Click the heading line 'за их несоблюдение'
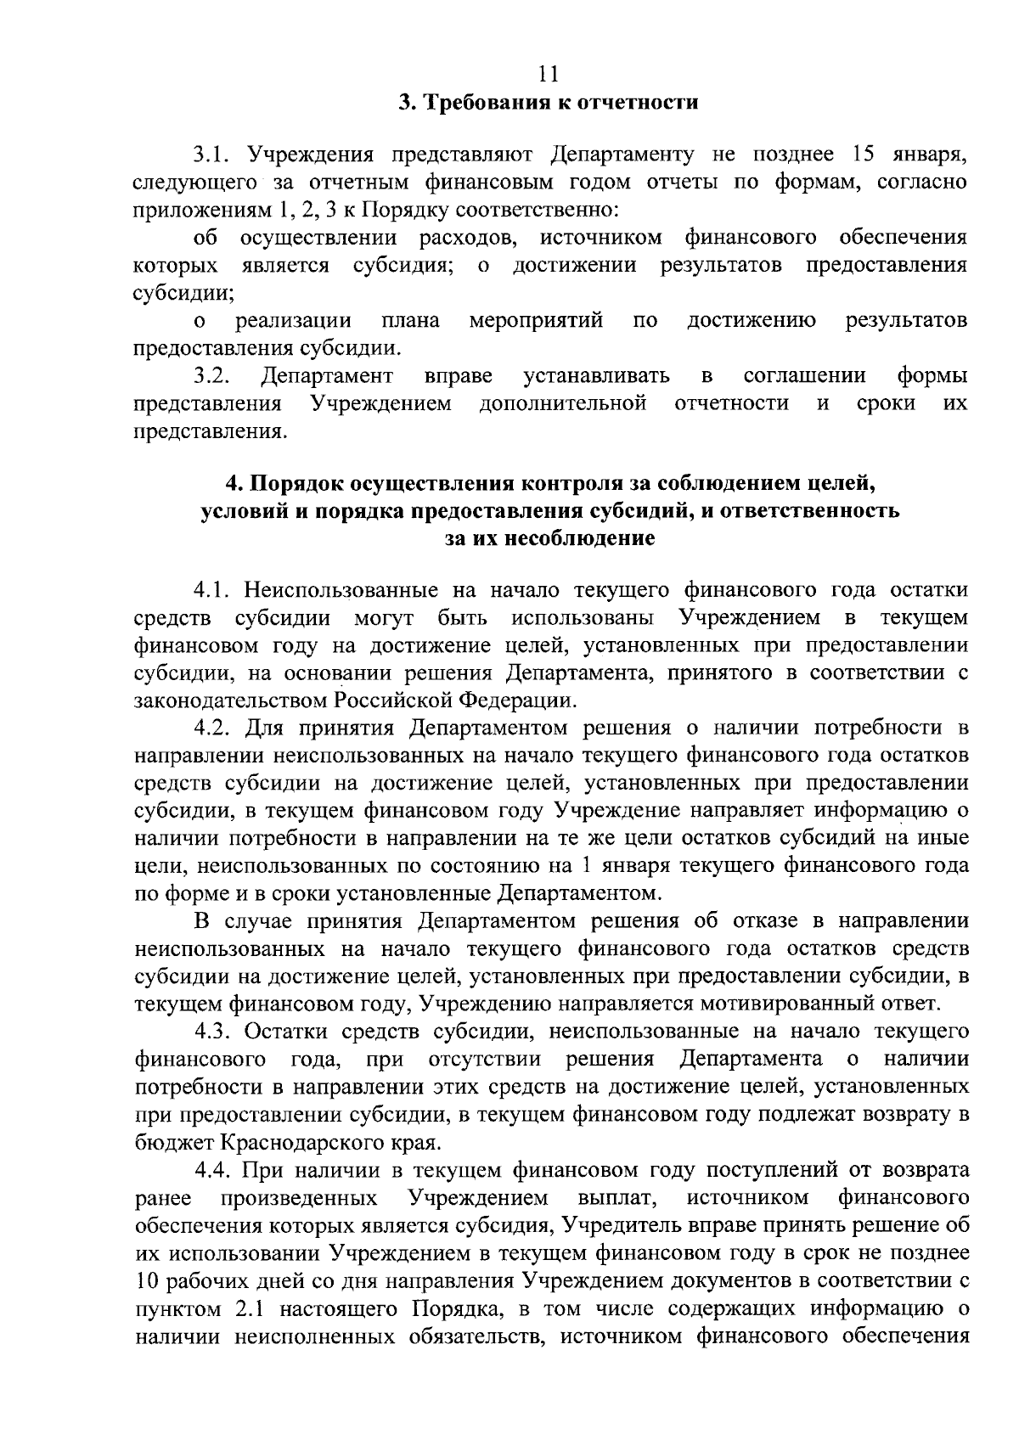coord(550,539)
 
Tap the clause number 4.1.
coord(213,590)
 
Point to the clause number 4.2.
coord(213,728)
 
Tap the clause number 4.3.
coord(213,1031)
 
